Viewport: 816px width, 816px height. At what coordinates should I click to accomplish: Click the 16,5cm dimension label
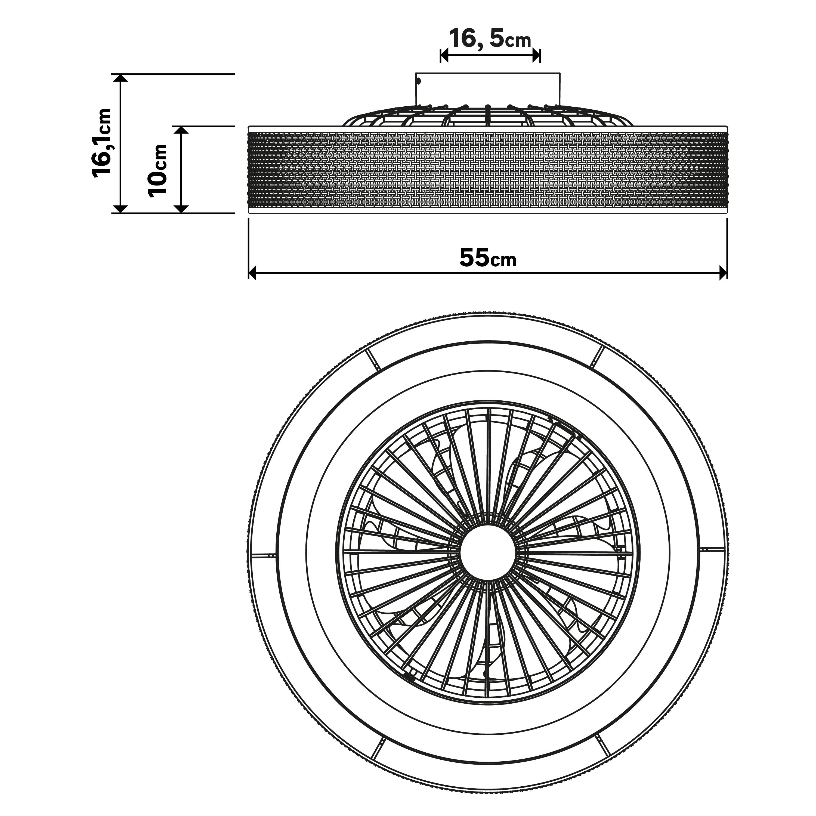(490, 39)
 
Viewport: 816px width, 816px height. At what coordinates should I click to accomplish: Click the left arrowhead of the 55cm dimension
(253, 273)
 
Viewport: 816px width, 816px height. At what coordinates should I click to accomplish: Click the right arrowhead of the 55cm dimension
(723, 273)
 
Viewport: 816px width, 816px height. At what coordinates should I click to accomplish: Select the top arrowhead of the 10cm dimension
(181, 130)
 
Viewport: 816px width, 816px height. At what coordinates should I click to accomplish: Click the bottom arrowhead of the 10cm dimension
(181, 209)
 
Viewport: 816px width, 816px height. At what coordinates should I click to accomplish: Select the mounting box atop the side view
(488, 89)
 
